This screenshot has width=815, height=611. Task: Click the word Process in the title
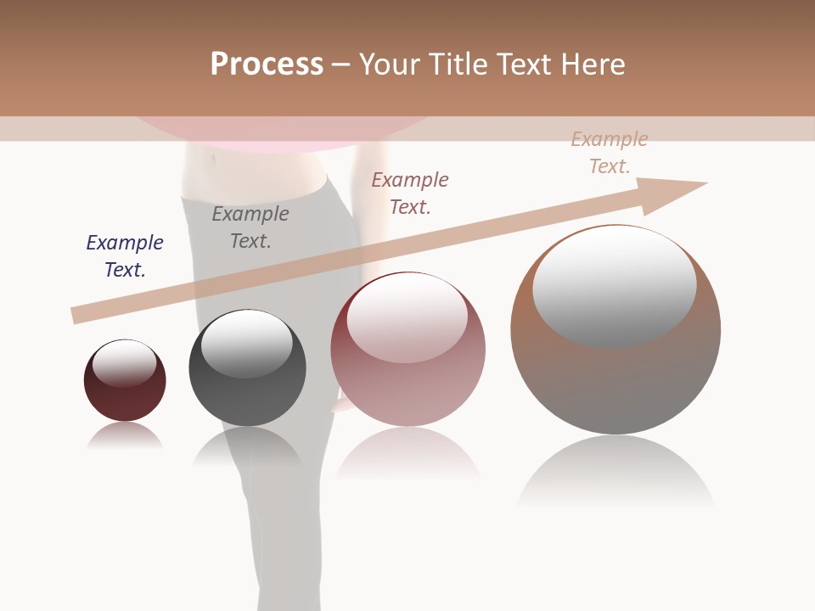(x=267, y=64)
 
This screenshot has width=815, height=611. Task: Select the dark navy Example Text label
(x=125, y=256)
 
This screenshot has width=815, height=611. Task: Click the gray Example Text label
(x=250, y=227)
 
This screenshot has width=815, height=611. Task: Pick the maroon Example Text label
(x=410, y=193)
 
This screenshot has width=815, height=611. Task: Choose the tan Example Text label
(x=610, y=153)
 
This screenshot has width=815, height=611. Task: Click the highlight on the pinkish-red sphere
(x=407, y=317)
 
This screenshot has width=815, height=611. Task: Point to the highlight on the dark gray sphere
(x=246, y=342)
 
